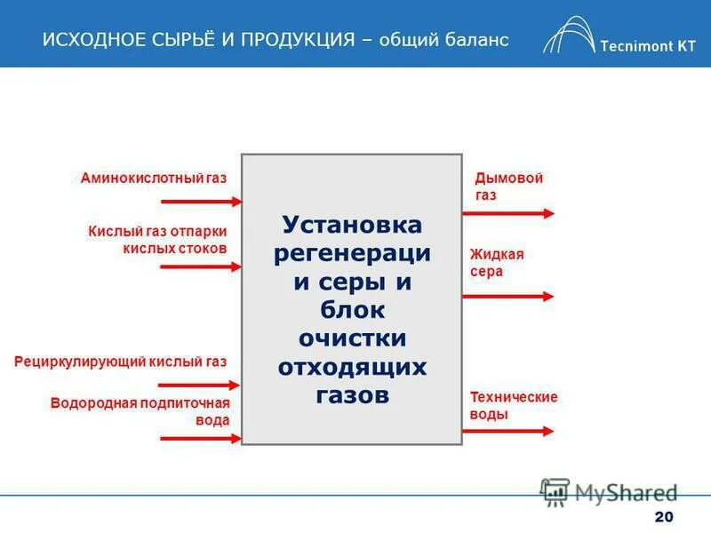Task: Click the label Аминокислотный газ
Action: tap(154, 179)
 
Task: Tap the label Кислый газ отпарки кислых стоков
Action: tap(164, 240)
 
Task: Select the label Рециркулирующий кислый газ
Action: tap(121, 362)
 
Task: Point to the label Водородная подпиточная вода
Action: tap(140, 412)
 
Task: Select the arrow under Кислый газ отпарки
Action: tap(199, 266)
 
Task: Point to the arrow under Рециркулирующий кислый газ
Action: tap(199, 386)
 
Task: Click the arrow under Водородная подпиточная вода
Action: tap(199, 437)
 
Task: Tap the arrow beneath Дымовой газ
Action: tap(508, 213)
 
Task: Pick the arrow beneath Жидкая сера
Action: tap(508, 296)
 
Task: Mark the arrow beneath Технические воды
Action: tap(508, 431)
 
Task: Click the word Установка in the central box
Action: tap(352, 225)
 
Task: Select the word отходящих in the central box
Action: tap(352, 366)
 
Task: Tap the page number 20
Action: tap(663, 518)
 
